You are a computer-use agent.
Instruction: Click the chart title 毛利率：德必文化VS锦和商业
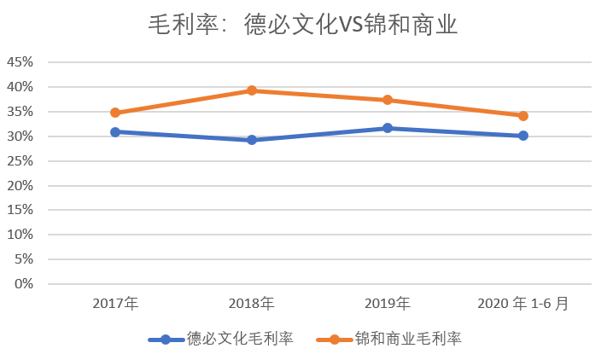[303, 25]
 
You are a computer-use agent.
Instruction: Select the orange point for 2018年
[252, 90]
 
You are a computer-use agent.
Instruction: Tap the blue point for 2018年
[252, 139]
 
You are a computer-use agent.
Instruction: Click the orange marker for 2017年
[115, 113]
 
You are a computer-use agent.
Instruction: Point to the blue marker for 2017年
[115, 131]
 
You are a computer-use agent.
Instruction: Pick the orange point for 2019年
[388, 100]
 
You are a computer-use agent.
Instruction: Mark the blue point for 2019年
[388, 128]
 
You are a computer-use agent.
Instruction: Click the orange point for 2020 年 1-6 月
[523, 116]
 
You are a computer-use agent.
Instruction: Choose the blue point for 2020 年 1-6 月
[523, 136]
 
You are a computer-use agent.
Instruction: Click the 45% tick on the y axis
[20, 62]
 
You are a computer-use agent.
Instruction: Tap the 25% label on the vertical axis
[20, 161]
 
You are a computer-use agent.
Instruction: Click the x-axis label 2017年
[115, 303]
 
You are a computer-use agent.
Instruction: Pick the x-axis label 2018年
[252, 303]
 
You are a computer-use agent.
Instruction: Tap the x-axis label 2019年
[388, 303]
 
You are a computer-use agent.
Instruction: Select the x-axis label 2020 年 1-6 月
[523, 303]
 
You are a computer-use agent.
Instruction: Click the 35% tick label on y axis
[20, 112]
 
